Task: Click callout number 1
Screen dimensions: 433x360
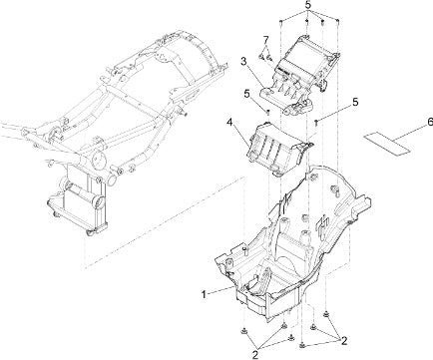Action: [204, 294]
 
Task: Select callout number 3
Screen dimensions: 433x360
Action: [243, 62]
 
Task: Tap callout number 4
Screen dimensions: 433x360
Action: [229, 123]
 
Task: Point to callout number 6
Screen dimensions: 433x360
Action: [430, 122]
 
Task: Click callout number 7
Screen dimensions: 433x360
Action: [265, 40]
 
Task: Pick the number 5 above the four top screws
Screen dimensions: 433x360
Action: [308, 5]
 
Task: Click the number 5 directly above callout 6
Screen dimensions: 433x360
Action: [355, 103]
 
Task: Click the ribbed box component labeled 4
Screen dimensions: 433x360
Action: [278, 149]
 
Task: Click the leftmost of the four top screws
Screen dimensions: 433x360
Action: [281, 22]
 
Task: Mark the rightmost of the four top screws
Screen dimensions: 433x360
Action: [337, 22]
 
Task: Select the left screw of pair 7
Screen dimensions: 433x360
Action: [261, 58]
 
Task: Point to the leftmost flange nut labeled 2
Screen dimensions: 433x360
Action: [243, 331]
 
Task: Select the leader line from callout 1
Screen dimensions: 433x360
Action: [221, 289]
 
